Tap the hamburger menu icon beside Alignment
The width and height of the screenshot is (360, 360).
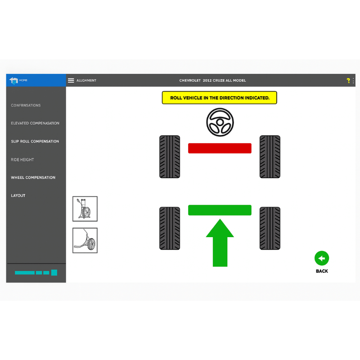[x=71, y=81]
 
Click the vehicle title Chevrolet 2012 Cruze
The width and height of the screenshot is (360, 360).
[x=212, y=81]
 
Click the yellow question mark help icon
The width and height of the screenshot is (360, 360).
[x=348, y=81]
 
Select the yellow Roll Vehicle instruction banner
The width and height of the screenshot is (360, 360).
[x=219, y=98]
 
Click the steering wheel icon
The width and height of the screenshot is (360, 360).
[x=220, y=122]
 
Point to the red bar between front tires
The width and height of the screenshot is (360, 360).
[x=220, y=148]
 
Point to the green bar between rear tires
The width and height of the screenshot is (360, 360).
[x=220, y=210]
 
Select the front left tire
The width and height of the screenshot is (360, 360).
[x=170, y=157]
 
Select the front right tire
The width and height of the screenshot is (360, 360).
[x=270, y=157]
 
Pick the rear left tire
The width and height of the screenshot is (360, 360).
[x=170, y=228]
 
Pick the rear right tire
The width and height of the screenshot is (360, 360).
[x=270, y=228]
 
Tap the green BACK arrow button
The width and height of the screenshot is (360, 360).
[x=322, y=258]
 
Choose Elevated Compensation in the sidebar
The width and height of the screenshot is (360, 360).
[x=35, y=123]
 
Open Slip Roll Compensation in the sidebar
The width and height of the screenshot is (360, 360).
[x=35, y=141]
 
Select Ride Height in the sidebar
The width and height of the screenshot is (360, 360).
[x=22, y=160]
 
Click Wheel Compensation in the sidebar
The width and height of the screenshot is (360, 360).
[x=33, y=178]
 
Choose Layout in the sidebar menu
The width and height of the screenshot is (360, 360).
[x=18, y=196]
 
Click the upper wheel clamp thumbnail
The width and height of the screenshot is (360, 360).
[x=85, y=209]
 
